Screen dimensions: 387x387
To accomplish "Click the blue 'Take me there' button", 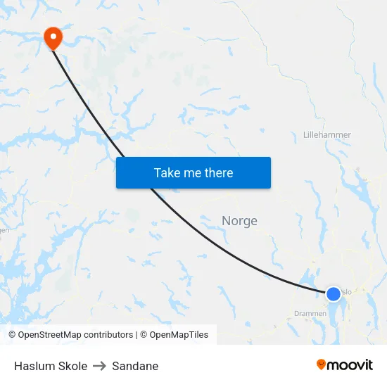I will coord(193,172).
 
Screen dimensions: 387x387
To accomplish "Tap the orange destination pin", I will coord(53,37).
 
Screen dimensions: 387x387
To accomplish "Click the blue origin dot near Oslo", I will coord(334,293).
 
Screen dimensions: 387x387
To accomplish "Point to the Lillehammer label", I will coord(326,134).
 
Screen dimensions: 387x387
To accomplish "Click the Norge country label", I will coord(239,221).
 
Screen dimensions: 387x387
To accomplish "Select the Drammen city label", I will coord(310,314).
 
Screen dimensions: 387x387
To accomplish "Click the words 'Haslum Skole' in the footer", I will coord(51,366).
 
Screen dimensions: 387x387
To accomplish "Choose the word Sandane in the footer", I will coord(135,366).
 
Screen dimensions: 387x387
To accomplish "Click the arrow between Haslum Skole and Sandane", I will coord(99,366).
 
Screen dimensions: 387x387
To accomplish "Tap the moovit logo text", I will coord(350,364).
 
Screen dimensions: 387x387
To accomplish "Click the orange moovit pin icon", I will coord(322,364).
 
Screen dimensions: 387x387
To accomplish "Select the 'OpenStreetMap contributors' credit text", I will coord(75,335).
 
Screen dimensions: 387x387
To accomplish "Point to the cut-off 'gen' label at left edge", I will coord(4,229).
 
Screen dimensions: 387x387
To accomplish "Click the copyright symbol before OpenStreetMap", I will coord(13,335).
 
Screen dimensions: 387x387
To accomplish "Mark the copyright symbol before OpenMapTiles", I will coord(144,335).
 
